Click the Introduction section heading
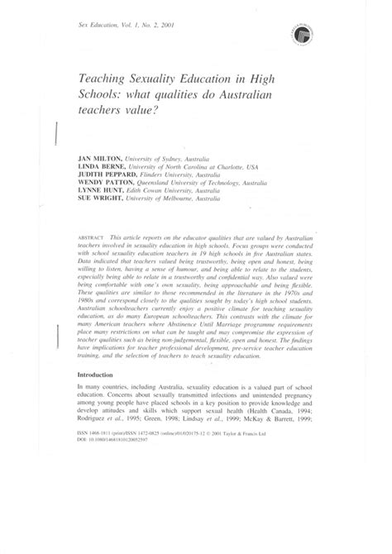click(x=99, y=374)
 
